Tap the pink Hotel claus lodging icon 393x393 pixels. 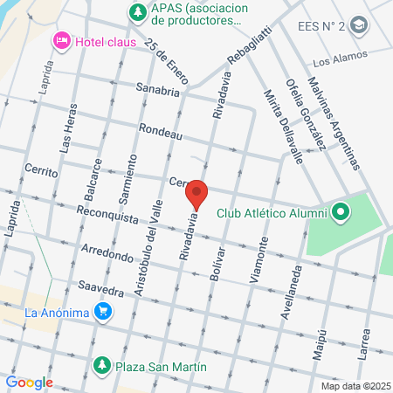(x=61, y=40)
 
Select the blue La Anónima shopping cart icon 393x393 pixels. (x=103, y=311)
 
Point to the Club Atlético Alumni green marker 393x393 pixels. (x=340, y=212)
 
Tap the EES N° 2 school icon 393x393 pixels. (x=357, y=25)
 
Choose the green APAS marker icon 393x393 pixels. (x=136, y=12)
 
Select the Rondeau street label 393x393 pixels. (x=161, y=132)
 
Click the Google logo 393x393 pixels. (x=29, y=382)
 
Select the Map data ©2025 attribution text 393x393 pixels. (x=355, y=386)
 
